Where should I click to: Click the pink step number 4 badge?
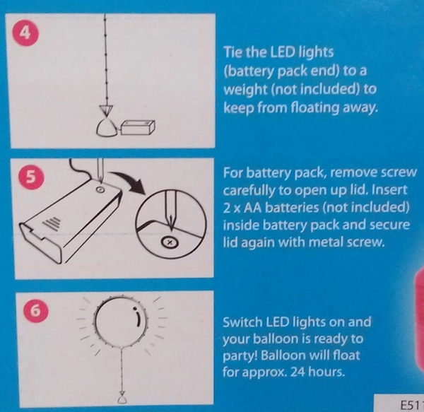25,33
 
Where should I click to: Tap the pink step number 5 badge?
31,177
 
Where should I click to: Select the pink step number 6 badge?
35,311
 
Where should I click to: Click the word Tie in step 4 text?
233,52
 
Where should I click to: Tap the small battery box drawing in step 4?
138,128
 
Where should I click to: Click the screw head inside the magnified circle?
170,242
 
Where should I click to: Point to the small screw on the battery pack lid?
100,189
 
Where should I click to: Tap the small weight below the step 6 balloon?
122,399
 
